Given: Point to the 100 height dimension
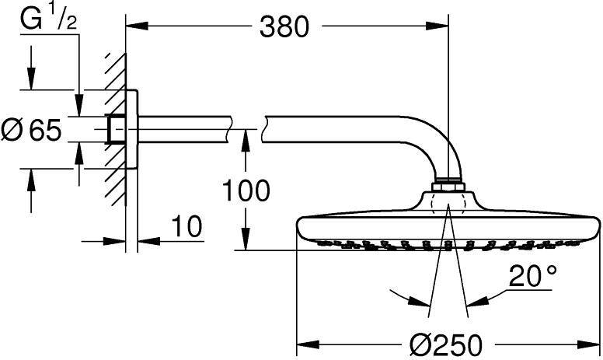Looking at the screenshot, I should coord(246,190).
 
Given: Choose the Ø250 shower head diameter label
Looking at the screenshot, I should coord(448,343).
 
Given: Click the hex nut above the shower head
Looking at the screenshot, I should coord(448,187).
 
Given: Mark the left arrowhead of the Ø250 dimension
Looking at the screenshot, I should coord(304,343).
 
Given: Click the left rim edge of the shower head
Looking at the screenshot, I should coord(300,228).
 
